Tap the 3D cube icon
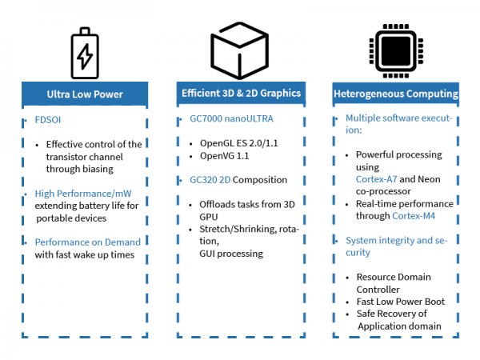240,49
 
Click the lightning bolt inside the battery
84,55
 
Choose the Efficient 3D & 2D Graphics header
240,94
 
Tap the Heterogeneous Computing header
395,94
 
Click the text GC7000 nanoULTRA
226,118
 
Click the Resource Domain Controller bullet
397,282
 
